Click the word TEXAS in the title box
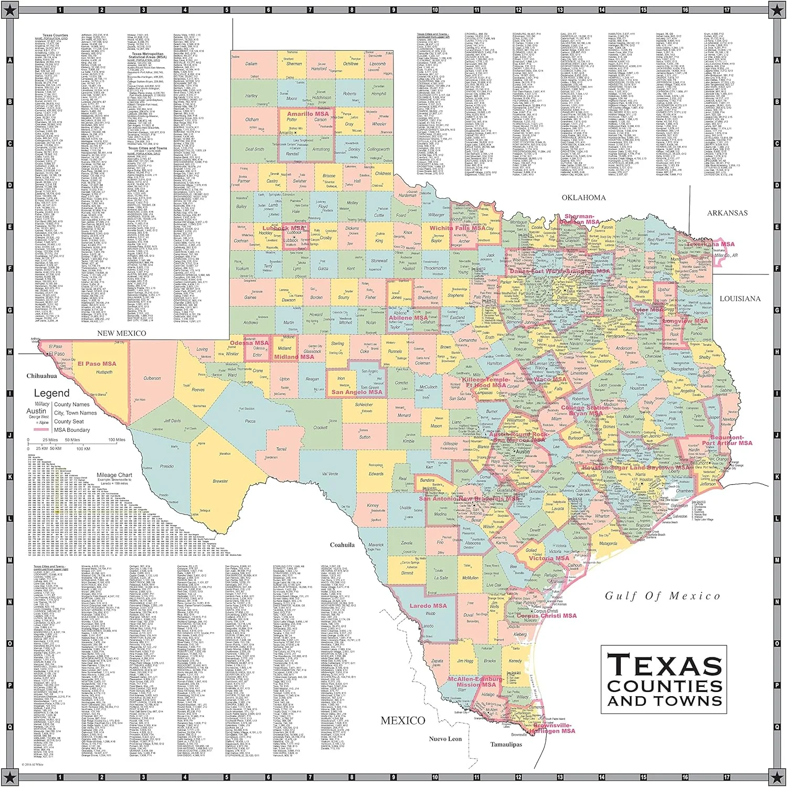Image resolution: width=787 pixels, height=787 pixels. tap(664, 665)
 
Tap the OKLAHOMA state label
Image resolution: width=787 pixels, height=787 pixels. tap(583, 198)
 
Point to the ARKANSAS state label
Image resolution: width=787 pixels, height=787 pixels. tap(727, 213)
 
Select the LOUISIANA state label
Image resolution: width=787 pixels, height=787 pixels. tap(740, 299)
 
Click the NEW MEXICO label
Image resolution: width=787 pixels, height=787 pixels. tap(122, 333)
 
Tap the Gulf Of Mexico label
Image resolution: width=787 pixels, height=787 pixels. tap(662, 595)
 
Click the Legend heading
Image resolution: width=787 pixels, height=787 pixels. tap(51, 393)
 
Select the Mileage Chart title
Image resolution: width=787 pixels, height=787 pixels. tap(114, 475)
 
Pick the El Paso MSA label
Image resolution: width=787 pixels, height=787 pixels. tap(97, 364)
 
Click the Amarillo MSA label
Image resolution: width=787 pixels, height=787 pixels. tap(308, 114)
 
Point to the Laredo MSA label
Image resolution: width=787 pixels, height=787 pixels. tap(428, 605)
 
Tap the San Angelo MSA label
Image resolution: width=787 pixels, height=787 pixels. tap(357, 392)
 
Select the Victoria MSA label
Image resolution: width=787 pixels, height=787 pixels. tap(549, 558)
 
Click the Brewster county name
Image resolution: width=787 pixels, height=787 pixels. tap(220, 481)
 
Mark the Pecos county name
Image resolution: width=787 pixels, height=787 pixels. tap(250, 421)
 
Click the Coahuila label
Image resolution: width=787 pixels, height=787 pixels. tap(342, 545)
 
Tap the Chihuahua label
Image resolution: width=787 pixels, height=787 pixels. tap(41, 376)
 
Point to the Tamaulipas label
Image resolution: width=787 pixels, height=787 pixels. tap(506, 744)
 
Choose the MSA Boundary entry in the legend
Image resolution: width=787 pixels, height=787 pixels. tap(72, 430)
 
